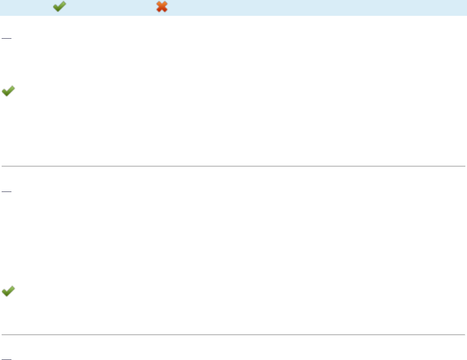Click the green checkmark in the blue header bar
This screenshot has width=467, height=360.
(59, 7)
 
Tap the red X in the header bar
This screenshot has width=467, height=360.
(162, 7)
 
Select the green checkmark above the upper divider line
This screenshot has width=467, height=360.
(8, 92)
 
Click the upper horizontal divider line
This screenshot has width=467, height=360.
(233, 165)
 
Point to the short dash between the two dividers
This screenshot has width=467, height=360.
(7, 191)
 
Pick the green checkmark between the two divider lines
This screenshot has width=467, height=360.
(8, 292)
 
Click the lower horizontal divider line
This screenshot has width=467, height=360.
(233, 334)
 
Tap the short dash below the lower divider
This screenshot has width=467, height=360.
(7, 359)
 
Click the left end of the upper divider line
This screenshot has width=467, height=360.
(2, 165)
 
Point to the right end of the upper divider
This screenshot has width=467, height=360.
(465, 165)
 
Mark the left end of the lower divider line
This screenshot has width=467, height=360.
(2, 334)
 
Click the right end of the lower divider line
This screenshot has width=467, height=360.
(465, 334)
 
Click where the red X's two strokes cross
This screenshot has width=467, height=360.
(162, 7)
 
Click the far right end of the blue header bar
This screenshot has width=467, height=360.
(465, 8)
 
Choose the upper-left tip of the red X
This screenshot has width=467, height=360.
(157, 3)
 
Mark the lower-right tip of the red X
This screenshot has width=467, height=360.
(166, 11)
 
